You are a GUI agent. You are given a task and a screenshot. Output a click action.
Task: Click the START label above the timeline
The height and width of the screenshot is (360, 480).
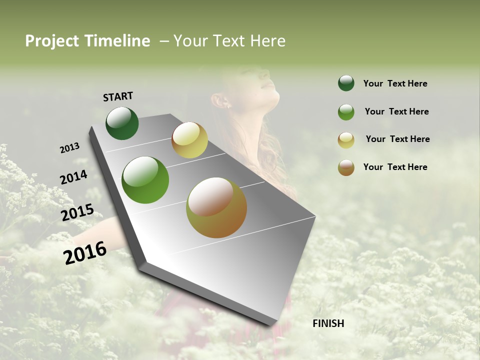coord(118,96)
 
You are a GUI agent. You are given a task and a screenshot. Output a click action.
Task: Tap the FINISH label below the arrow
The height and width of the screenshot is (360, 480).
coord(328,323)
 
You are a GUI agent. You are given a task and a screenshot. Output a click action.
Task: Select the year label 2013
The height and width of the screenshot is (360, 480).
coord(69,148)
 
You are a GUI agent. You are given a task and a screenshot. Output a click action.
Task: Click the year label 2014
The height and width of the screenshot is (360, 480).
coord(73,177)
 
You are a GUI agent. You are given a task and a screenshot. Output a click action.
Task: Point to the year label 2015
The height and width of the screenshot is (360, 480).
coord(77,212)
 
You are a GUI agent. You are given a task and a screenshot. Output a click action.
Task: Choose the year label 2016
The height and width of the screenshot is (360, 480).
coord(85,252)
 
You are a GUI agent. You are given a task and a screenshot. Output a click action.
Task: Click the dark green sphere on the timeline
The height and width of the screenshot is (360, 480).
coord(122,123)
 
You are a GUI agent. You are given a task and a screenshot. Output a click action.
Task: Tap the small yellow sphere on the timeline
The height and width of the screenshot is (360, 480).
coord(189,140)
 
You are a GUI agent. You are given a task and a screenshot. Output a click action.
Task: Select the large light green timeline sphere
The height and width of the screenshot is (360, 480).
coord(145,180)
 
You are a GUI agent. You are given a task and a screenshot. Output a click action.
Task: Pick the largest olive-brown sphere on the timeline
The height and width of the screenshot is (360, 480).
coord(216,207)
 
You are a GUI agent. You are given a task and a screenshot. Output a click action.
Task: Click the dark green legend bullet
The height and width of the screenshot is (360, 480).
coord(346,83)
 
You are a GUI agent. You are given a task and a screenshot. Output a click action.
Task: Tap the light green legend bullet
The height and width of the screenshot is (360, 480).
coord(346,112)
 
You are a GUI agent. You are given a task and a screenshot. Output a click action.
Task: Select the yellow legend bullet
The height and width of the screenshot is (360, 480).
coord(346,140)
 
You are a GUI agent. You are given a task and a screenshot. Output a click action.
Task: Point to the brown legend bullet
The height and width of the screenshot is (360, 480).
coord(346,168)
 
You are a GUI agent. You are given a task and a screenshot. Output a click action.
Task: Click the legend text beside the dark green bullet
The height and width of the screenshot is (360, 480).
coord(395,83)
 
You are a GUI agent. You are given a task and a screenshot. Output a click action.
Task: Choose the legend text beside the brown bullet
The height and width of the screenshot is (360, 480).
coord(395,167)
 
